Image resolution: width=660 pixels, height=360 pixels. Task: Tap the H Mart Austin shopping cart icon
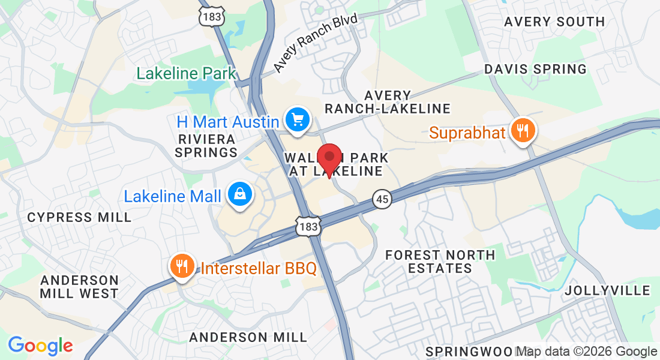click(x=297, y=119)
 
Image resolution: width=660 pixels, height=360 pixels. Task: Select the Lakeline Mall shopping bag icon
click(x=240, y=195)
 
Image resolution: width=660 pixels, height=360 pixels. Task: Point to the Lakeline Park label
click(x=187, y=74)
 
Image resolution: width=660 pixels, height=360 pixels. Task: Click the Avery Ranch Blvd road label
click(x=316, y=43)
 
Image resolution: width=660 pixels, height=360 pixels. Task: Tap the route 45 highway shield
click(x=382, y=199)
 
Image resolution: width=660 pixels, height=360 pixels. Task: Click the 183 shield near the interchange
click(x=308, y=224)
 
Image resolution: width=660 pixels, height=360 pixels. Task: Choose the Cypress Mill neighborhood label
click(x=79, y=217)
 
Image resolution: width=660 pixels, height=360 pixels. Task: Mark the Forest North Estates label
click(x=440, y=262)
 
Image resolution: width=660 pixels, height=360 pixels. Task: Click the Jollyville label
click(x=607, y=290)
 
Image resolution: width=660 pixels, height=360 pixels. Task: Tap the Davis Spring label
click(x=535, y=69)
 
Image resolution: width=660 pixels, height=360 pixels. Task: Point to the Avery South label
click(x=554, y=22)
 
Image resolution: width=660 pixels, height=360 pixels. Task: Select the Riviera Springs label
click(x=206, y=146)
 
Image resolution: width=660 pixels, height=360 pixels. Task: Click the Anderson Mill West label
click(x=79, y=287)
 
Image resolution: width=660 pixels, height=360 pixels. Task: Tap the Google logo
click(x=40, y=346)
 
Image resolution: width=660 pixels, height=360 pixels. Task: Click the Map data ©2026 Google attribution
click(x=587, y=352)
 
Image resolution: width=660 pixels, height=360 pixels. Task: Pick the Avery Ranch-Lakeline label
click(x=388, y=102)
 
